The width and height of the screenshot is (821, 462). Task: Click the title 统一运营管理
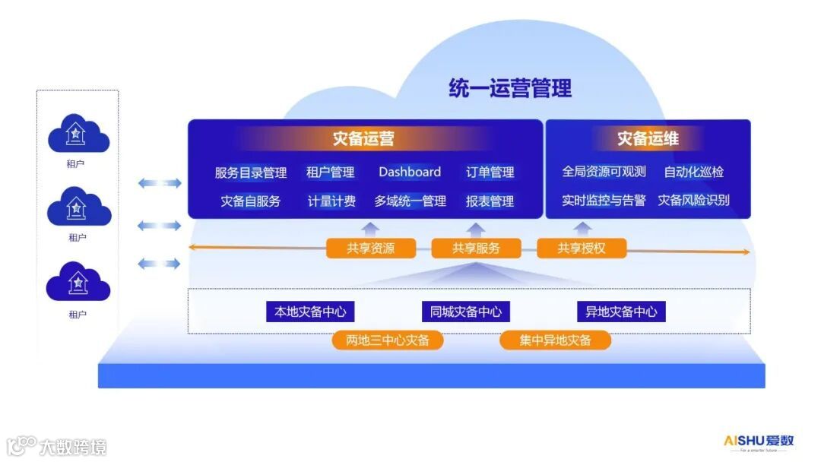[x=509, y=88]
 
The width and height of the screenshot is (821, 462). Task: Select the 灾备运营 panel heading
[x=363, y=139]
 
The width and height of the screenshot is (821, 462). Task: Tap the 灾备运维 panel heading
[x=648, y=139]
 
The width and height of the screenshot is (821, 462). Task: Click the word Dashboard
[x=410, y=172]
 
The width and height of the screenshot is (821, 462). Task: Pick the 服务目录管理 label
[x=251, y=172]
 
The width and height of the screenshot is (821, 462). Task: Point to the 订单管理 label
[x=490, y=172]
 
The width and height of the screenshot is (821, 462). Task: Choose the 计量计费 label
[x=331, y=201]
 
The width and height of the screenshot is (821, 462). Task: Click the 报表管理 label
[x=490, y=201]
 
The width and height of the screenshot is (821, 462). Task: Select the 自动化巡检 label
[x=693, y=172]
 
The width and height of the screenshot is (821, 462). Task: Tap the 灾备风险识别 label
[x=693, y=201]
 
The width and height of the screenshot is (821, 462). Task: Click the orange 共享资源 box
[x=371, y=248]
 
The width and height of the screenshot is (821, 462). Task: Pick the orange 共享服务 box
[x=476, y=248]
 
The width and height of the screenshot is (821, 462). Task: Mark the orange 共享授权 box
[x=582, y=248]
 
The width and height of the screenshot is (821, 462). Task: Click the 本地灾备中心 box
[x=310, y=312]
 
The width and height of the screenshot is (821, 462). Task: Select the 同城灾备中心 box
[x=466, y=312]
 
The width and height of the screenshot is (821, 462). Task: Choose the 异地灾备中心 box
[x=621, y=312]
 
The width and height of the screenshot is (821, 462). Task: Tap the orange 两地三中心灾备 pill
[x=388, y=340]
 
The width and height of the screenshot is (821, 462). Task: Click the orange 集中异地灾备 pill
[x=555, y=340]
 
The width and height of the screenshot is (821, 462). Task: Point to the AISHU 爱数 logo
[x=758, y=441]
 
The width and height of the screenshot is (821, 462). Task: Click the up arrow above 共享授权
[x=582, y=229]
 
